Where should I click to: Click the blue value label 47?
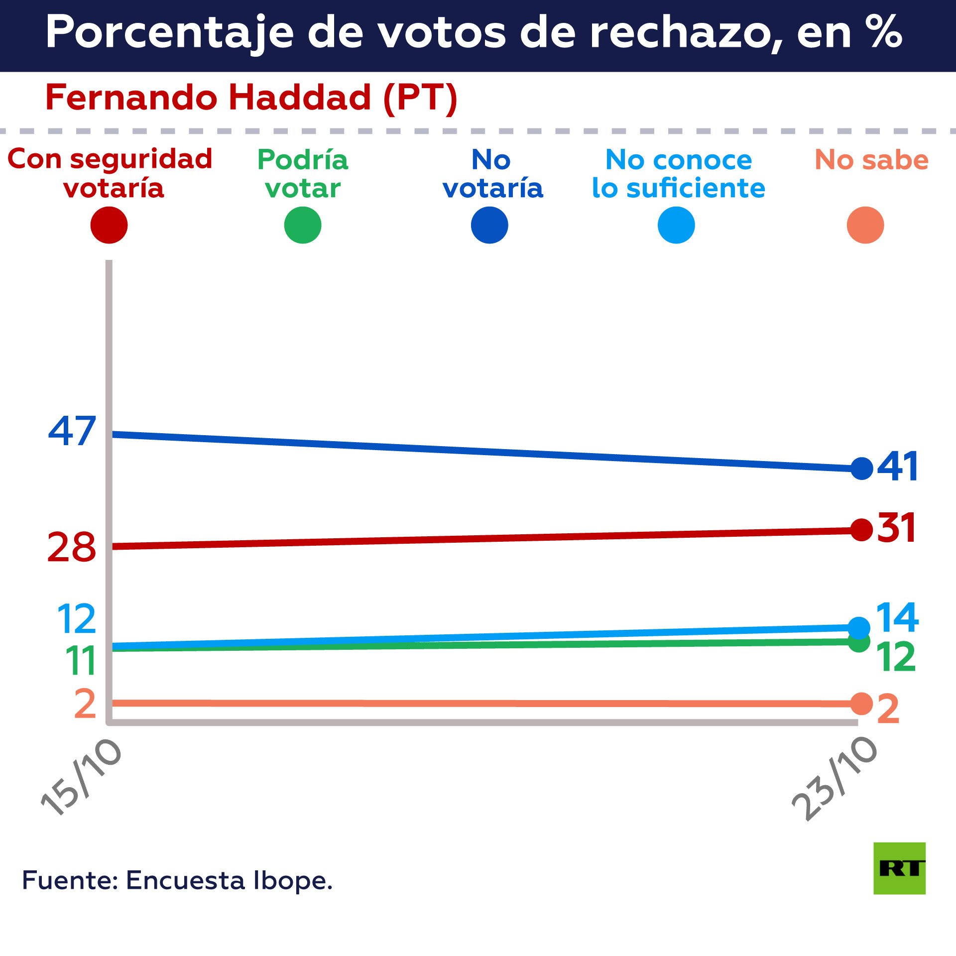(x=72, y=431)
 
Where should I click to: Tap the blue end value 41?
(x=897, y=467)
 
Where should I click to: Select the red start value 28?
(x=71, y=547)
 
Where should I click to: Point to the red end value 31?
(x=896, y=528)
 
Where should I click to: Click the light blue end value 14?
(x=897, y=617)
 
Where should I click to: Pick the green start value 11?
(x=81, y=661)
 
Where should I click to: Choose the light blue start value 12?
(x=77, y=619)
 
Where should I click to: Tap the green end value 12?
(x=896, y=657)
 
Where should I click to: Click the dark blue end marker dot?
(x=862, y=468)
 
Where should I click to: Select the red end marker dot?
(x=861, y=530)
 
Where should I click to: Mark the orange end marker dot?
(x=861, y=704)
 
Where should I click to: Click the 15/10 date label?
(x=81, y=777)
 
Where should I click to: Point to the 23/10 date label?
(x=835, y=779)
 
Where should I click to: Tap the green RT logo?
(x=899, y=868)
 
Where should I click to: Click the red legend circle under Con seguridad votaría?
(x=109, y=225)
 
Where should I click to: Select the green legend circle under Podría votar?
(x=303, y=225)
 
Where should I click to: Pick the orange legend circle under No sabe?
(x=865, y=225)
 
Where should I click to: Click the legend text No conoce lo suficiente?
(x=678, y=174)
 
